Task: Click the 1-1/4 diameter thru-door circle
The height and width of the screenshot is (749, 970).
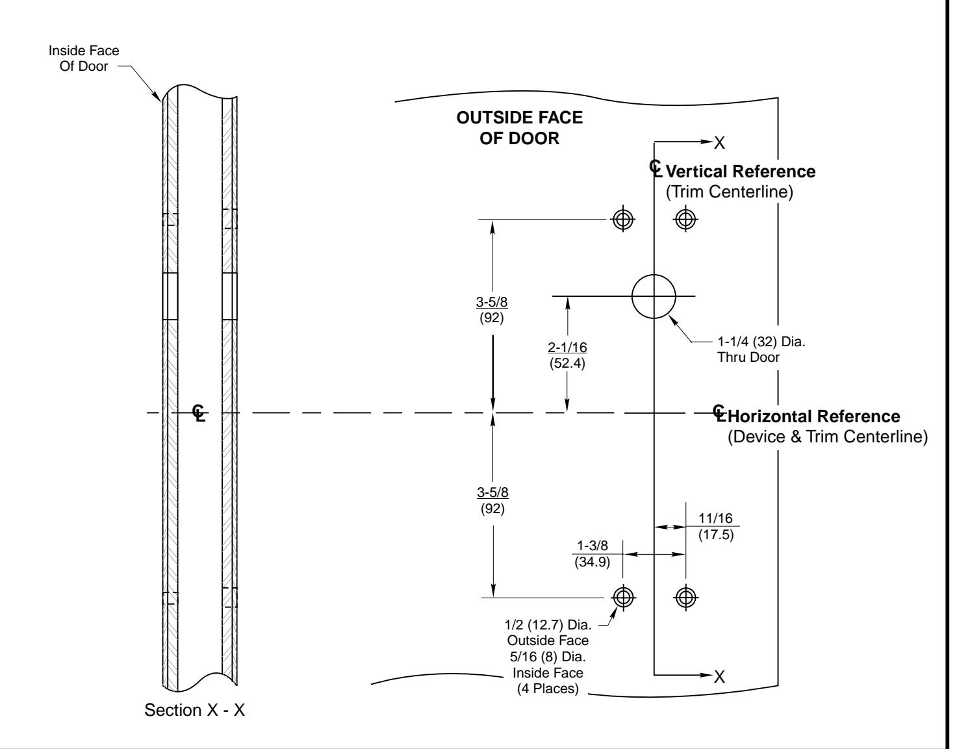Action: pos(654,296)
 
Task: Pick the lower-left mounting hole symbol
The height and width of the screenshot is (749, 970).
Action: pos(623,596)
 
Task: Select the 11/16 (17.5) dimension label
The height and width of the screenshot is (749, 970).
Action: pos(715,526)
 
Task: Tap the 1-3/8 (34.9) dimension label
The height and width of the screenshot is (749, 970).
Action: pos(592,554)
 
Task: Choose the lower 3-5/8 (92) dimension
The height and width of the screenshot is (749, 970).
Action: pos(492,500)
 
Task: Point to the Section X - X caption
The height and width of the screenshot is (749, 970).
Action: pos(194,710)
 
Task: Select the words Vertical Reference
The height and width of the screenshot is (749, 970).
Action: pos(741,171)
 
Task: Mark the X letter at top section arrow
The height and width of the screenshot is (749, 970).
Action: pos(719,144)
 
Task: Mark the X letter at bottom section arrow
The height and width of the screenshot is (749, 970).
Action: pos(719,677)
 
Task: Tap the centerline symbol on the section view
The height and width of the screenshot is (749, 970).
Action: pos(199,413)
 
